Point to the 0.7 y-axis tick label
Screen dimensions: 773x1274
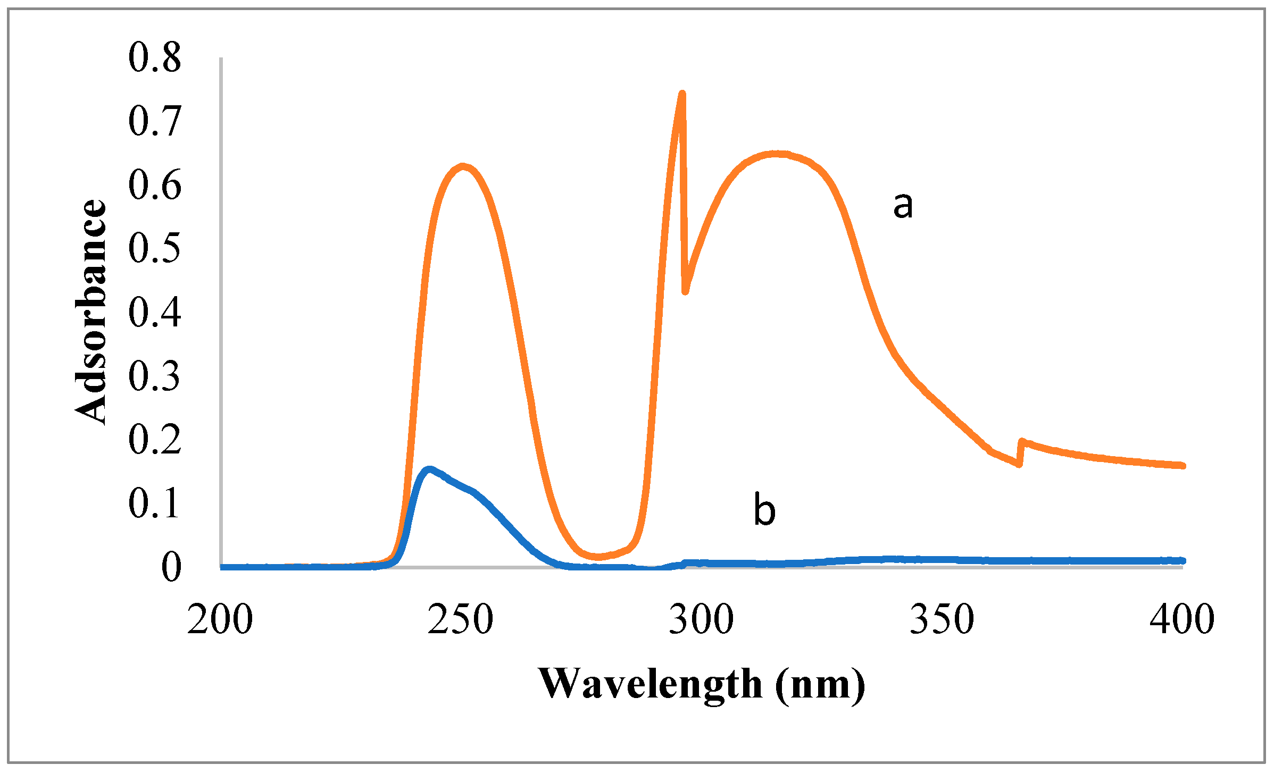pos(155,121)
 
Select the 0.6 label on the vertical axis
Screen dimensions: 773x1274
pos(155,185)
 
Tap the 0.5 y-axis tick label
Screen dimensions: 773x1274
pos(155,248)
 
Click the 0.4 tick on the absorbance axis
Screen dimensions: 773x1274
pos(155,312)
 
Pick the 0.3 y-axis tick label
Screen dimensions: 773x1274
pos(155,376)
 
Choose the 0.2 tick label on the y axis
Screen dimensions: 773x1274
pos(155,440)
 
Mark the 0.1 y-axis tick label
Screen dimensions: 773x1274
pos(155,503)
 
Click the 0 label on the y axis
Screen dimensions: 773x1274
pos(171,567)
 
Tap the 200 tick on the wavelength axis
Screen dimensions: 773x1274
pos(220,620)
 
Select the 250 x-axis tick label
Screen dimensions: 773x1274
pos(461,620)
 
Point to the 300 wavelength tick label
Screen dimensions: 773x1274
pos(701,620)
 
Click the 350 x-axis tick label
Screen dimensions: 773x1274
pos(942,620)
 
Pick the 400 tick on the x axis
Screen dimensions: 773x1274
pos(1183,620)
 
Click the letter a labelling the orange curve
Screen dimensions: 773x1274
pos(903,206)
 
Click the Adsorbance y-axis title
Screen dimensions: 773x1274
pos(90,312)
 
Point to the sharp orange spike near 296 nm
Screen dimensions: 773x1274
pos(682,95)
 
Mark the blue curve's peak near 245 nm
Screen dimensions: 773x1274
pos(429,469)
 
